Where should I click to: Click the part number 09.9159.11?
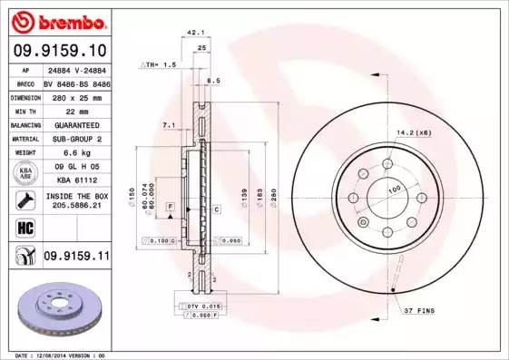tap(75, 258)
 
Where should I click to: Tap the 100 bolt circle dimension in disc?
tap(395, 189)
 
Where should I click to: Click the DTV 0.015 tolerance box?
tap(205, 307)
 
